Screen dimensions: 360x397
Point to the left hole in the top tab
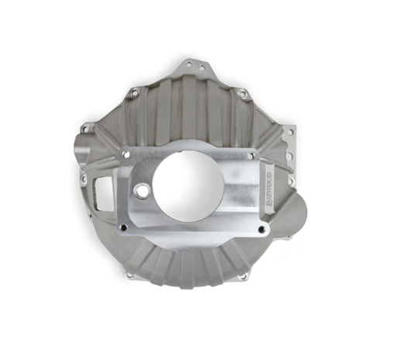(190, 66)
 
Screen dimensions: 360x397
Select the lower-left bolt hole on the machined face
(122, 227)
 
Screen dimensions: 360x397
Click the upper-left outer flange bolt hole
(134, 92)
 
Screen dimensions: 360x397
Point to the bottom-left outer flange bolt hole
(129, 273)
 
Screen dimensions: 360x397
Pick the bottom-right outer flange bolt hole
(242, 276)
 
